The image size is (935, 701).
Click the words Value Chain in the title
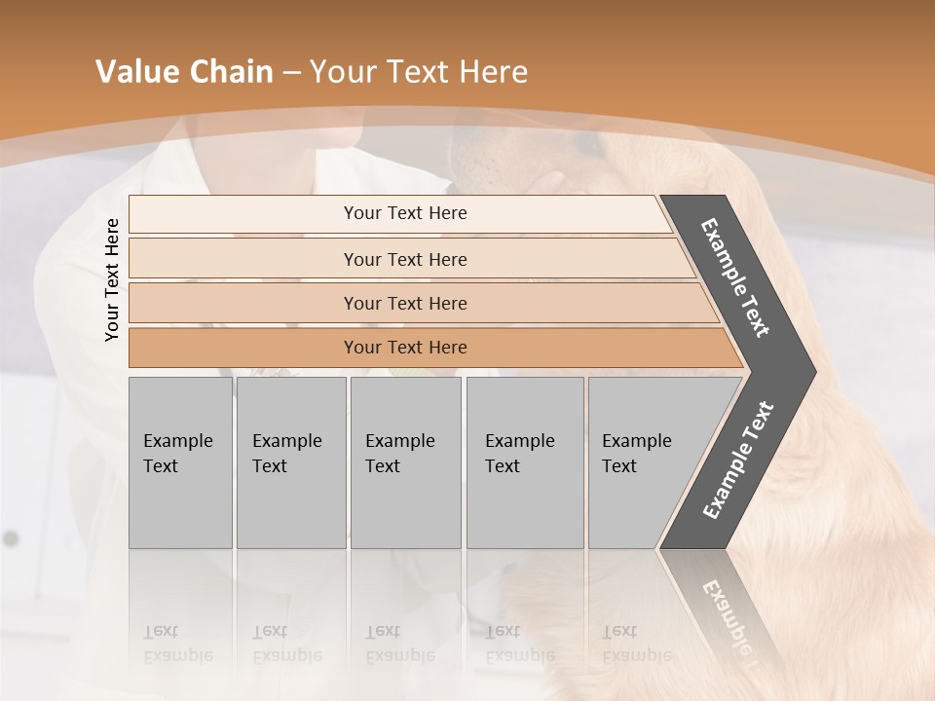tap(184, 72)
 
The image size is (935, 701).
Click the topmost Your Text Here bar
tap(404, 213)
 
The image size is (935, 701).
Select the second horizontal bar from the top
tap(404, 259)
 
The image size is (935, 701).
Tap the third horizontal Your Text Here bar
tap(404, 303)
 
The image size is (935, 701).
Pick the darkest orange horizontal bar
tap(404, 348)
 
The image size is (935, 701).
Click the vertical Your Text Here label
tap(112, 279)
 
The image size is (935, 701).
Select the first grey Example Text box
tap(180, 462)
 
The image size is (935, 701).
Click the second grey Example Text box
tap(290, 462)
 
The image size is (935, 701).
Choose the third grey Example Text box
tap(405, 462)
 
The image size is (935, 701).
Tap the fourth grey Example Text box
tap(524, 462)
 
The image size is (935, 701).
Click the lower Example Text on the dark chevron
tap(738, 460)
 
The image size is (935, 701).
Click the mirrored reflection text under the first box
tap(177, 644)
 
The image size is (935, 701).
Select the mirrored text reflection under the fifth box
tap(636, 644)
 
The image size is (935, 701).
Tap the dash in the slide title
tap(291, 73)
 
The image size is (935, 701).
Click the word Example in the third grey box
tap(399, 441)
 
